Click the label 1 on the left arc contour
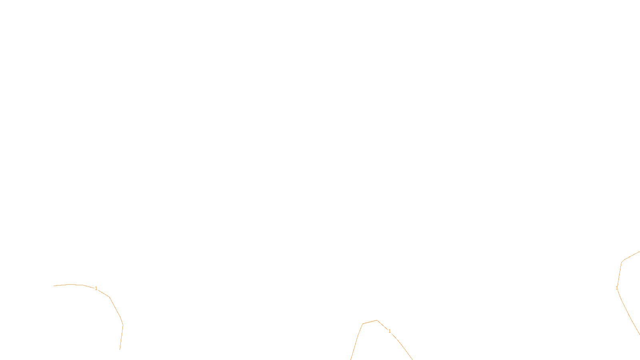[96, 288]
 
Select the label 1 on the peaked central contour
[390, 331]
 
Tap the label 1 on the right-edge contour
[617, 288]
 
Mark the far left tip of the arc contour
[54, 286]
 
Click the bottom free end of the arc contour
[120, 350]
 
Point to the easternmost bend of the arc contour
[123, 325]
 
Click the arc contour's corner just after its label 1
[109, 297]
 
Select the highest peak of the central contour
[377, 320]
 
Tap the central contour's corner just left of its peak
[363, 324]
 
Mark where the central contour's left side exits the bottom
[351, 359]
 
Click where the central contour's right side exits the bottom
[412, 359]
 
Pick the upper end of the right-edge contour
[639, 252]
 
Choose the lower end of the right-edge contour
[639, 334]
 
